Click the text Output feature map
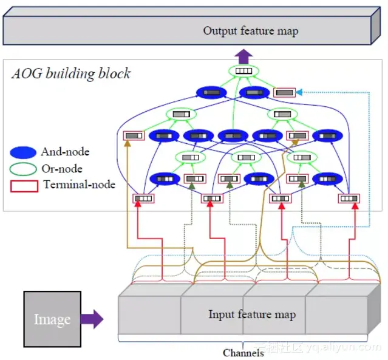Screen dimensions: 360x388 tap(250, 31)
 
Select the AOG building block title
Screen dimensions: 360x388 tap(71, 74)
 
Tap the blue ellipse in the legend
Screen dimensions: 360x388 tap(24, 152)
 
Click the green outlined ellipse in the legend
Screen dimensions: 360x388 tap(24, 168)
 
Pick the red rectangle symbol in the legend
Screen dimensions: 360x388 tap(24, 184)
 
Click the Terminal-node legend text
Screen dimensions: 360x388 tap(80, 184)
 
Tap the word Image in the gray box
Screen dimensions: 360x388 tap(52, 319)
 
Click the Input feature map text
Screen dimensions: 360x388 tap(252, 314)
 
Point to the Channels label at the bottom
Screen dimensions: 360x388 tap(243, 353)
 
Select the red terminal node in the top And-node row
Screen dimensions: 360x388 tap(285, 92)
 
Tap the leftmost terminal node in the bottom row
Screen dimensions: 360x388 tap(144, 198)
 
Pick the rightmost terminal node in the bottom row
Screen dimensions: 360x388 tap(349, 198)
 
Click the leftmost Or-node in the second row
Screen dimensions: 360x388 tap(180, 114)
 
